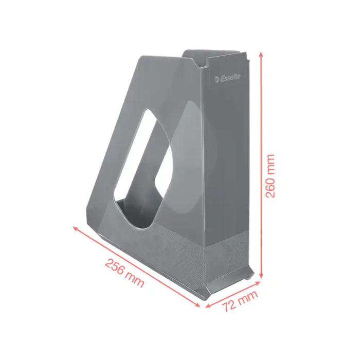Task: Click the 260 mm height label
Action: tap(270, 176)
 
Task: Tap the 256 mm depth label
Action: tap(124, 273)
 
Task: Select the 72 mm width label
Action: tap(240, 301)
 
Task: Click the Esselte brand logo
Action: tap(227, 78)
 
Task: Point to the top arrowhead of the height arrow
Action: tap(261, 55)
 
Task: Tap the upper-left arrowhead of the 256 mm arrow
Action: tap(76, 228)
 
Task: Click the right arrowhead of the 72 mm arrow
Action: tap(257, 283)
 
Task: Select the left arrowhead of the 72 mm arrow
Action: tap(208, 305)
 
